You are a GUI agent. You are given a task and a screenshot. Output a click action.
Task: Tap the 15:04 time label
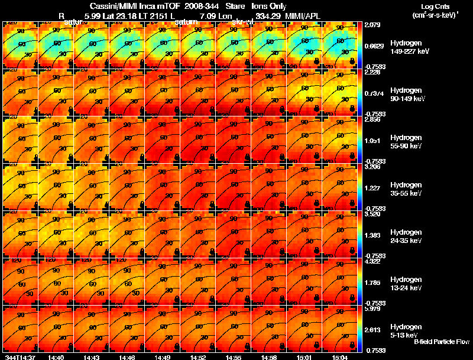click(340, 357)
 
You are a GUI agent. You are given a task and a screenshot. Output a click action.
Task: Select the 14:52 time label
click(197, 357)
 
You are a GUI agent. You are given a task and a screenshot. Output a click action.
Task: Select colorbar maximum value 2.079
click(373, 24)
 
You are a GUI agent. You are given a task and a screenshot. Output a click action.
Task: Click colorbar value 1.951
click(373, 141)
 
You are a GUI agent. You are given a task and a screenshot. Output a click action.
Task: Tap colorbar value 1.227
click(373, 188)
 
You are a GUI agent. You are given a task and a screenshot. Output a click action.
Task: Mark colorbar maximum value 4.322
click(373, 261)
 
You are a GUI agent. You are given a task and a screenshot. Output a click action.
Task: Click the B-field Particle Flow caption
click(441, 342)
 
